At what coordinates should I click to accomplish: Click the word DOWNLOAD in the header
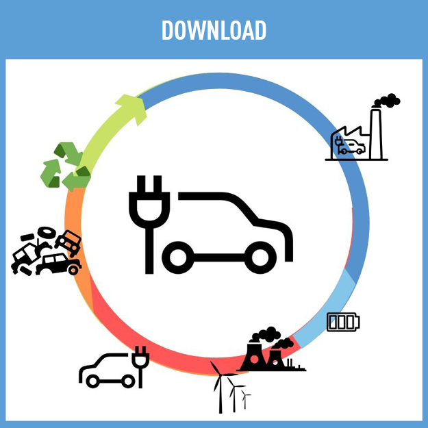tap(214, 30)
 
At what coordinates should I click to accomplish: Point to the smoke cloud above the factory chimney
tap(387, 101)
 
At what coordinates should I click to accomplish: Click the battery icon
tap(342, 322)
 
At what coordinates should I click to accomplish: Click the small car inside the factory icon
tap(353, 146)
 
